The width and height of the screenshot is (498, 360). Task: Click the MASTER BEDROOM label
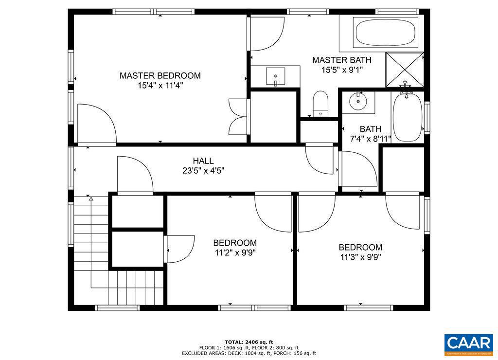tap(160, 76)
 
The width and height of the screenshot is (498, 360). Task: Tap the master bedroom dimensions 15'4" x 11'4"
tap(160, 86)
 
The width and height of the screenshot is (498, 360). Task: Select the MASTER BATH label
tap(341, 60)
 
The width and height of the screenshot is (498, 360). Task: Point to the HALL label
tap(203, 161)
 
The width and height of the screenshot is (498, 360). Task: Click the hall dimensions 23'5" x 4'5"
tap(203, 171)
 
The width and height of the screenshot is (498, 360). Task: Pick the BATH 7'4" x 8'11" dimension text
tap(371, 139)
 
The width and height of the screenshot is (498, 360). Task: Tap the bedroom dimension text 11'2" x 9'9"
tap(235, 252)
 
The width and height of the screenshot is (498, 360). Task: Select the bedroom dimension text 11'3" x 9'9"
tap(360, 257)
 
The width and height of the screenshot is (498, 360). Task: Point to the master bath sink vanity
tap(276, 76)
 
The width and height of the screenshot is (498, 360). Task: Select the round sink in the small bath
tap(359, 101)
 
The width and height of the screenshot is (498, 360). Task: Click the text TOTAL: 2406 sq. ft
tap(249, 342)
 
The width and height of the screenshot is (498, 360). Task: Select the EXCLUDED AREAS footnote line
tap(249, 353)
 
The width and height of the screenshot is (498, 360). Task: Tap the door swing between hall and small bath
tap(357, 168)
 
